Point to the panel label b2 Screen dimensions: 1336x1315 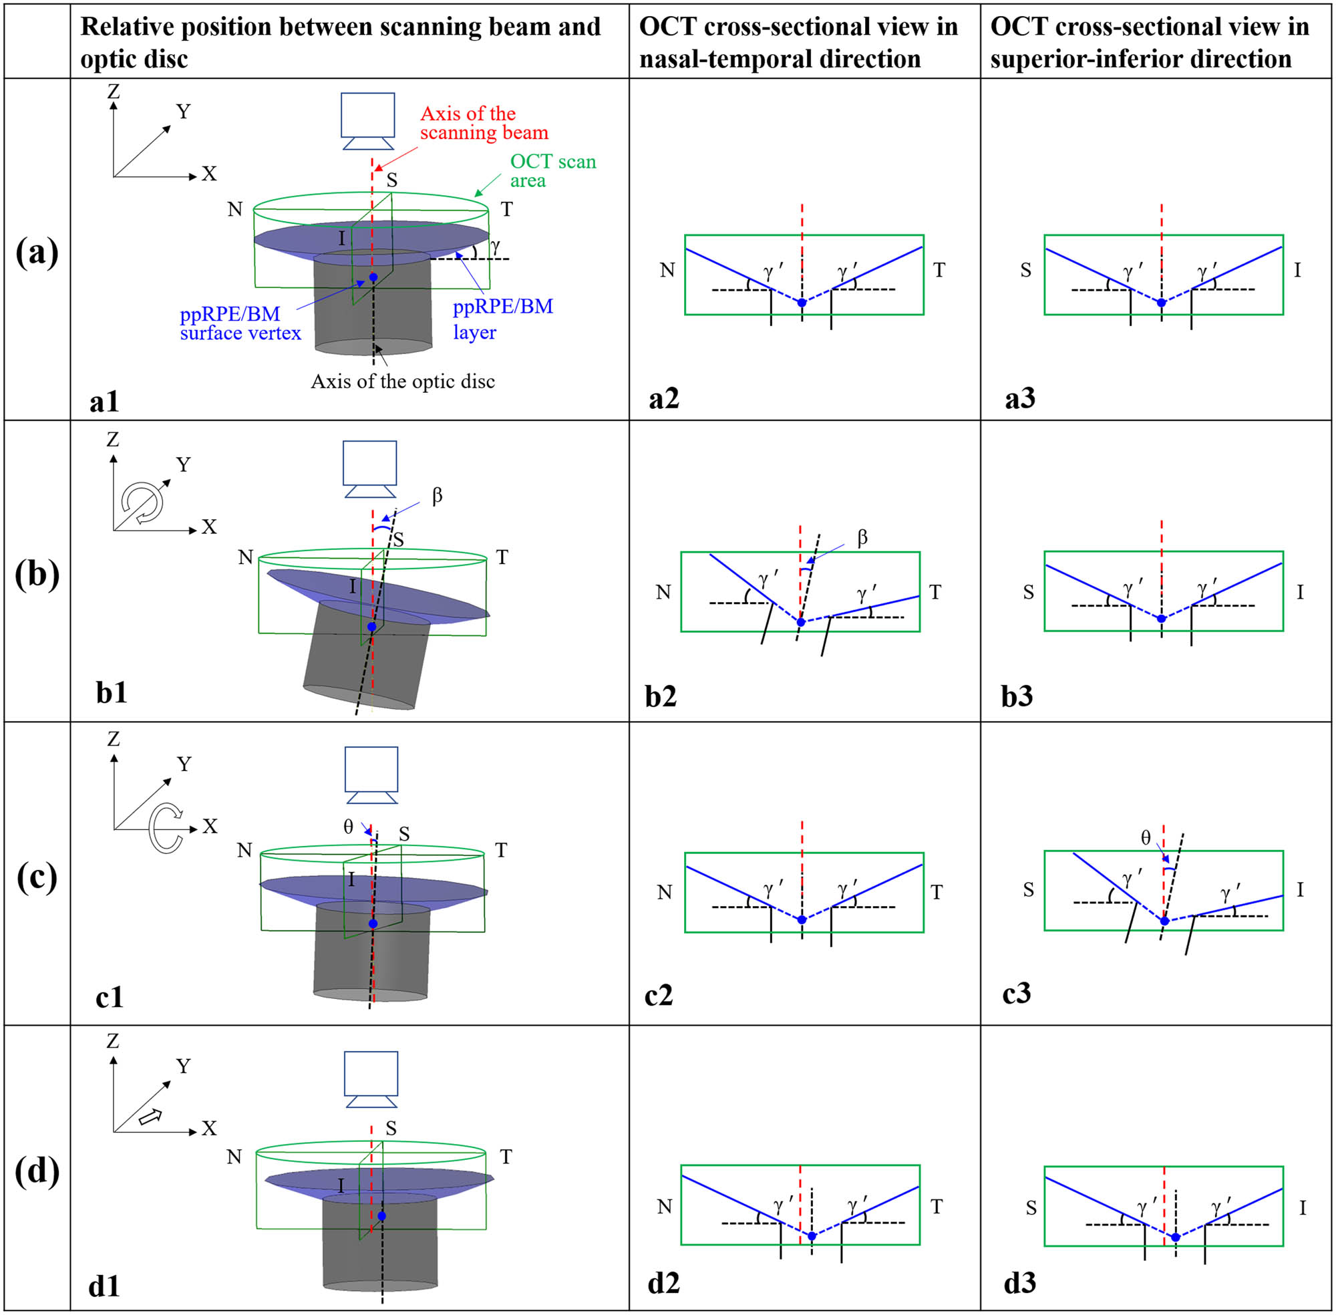click(x=661, y=696)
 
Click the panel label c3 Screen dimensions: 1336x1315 click(x=1016, y=992)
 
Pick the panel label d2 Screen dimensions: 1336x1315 click(x=663, y=1282)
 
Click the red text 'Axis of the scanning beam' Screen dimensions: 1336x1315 click(x=484, y=123)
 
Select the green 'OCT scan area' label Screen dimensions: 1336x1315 click(x=553, y=170)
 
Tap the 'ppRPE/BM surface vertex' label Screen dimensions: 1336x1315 click(x=240, y=323)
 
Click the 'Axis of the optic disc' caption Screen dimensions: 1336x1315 click(x=403, y=382)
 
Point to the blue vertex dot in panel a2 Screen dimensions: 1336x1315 click(x=802, y=303)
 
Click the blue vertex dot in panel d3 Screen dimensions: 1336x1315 click(x=1175, y=1237)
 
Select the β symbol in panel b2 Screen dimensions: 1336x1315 click(x=862, y=538)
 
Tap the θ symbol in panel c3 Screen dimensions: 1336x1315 click(x=1146, y=839)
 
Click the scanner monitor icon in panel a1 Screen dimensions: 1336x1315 click(x=368, y=122)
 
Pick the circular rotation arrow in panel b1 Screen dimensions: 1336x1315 click(x=143, y=502)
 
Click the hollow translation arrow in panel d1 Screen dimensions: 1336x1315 click(x=150, y=1117)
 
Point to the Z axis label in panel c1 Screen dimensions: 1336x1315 click(x=114, y=739)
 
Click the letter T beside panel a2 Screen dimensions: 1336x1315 click(x=939, y=270)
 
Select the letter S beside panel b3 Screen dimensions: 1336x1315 click(x=1028, y=593)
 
